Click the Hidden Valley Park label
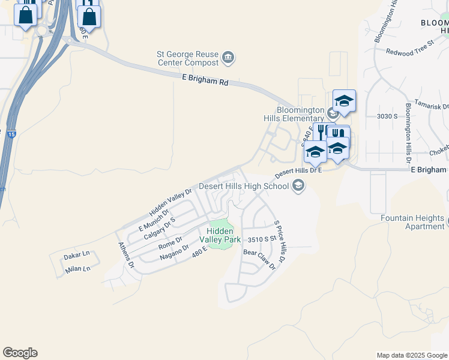(223, 235)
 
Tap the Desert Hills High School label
(244, 186)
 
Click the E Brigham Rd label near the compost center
(205, 79)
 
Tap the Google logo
(20, 353)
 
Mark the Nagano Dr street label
(175, 251)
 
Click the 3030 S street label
(387, 116)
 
